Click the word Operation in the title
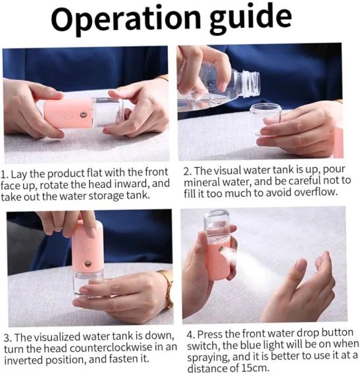pyautogui.click(x=126, y=19)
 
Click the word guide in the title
pyautogui.click(x=251, y=19)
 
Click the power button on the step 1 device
pyautogui.click(x=68, y=116)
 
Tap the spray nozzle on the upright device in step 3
pyautogui.click(x=88, y=263)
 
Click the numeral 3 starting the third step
pyautogui.click(x=7, y=338)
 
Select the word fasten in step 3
pyautogui.click(x=122, y=359)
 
